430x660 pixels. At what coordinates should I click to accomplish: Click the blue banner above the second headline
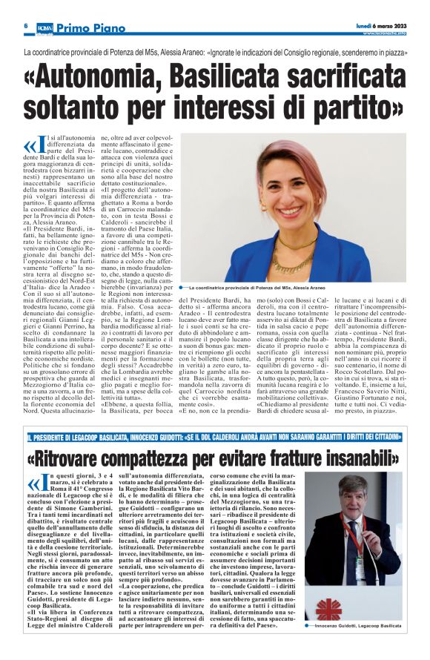pyautogui.click(x=215, y=438)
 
